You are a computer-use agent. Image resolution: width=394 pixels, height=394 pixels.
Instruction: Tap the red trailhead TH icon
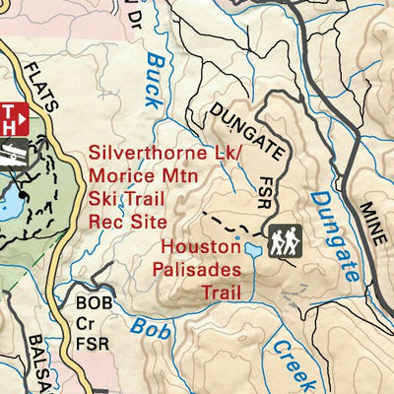pos(11,118)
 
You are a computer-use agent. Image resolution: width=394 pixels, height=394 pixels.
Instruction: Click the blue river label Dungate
pos(332,237)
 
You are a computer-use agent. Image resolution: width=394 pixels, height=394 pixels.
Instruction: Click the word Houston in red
pos(200,246)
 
